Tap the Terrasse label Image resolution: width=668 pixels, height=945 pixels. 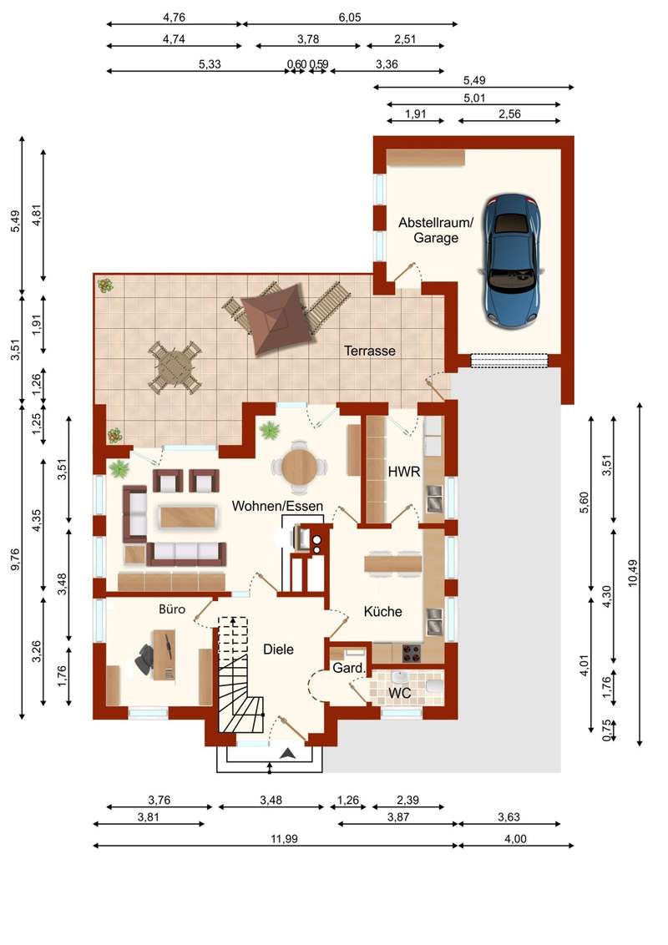coord(370,351)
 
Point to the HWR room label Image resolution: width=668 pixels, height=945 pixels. coord(404,472)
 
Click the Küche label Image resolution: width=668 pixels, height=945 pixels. coord(382,612)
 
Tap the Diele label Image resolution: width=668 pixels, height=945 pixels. coord(279,649)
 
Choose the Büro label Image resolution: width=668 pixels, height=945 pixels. coord(172,609)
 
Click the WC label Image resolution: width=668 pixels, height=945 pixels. coord(399,693)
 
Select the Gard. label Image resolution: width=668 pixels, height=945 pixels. coord(349,668)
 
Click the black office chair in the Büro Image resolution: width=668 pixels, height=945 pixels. coord(146,658)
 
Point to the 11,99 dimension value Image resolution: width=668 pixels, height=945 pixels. coord(284,838)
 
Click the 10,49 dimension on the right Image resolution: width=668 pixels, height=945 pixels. coord(632,574)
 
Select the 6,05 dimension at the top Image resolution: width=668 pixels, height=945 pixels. coord(350,18)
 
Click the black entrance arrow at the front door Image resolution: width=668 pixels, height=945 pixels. coord(287,752)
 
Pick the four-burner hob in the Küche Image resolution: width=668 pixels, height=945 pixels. coord(411,653)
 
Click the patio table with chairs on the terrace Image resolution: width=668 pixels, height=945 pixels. coord(175,367)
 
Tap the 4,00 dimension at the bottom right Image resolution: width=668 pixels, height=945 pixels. coord(515,838)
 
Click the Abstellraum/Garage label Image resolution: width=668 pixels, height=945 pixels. coord(436,230)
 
